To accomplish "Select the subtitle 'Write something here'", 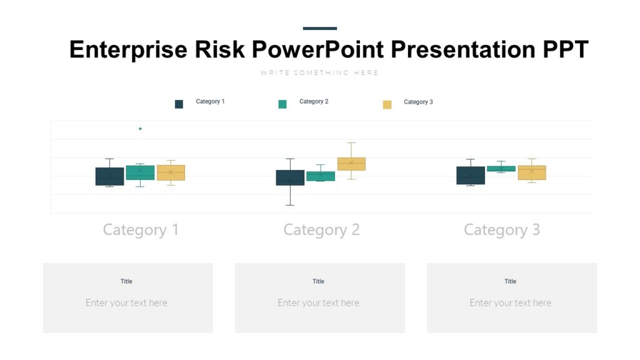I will [319, 73].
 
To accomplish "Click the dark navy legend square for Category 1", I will [179, 104].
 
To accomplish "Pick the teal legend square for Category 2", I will [282, 104].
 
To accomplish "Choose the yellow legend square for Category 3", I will [387, 104].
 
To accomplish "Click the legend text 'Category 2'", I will [314, 101].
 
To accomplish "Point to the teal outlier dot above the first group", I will [140, 129].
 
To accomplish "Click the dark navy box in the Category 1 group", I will [109, 176].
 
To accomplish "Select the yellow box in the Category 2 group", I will [351, 164].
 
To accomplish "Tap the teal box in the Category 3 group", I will [501, 169].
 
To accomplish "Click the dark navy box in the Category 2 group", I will [290, 177].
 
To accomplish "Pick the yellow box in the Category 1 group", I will [171, 172].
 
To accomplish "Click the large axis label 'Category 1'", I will [141, 230].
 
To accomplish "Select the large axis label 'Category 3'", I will [502, 230].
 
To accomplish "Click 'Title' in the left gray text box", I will [126, 281].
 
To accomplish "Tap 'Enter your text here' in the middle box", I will [319, 303].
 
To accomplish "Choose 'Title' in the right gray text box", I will [511, 281].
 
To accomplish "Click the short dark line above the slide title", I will [319, 28].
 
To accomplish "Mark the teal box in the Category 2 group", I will [321, 176].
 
